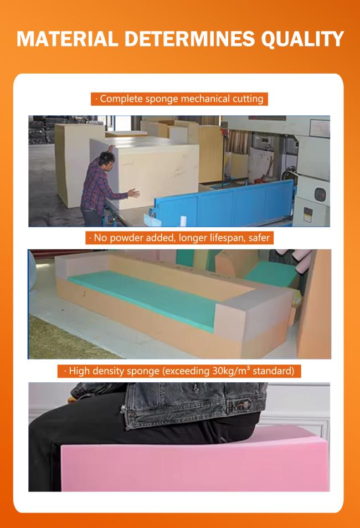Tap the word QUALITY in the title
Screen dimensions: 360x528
303,39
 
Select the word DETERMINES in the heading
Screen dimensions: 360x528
190,39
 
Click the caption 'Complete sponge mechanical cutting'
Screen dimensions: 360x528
179,99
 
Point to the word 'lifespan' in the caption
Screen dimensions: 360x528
227,238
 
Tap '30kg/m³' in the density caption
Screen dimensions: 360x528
231,371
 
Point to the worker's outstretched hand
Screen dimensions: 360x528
133,193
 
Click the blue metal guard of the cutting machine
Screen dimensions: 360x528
224,203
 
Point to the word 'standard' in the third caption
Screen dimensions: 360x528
274,371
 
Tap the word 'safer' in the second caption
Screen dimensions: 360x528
259,238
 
